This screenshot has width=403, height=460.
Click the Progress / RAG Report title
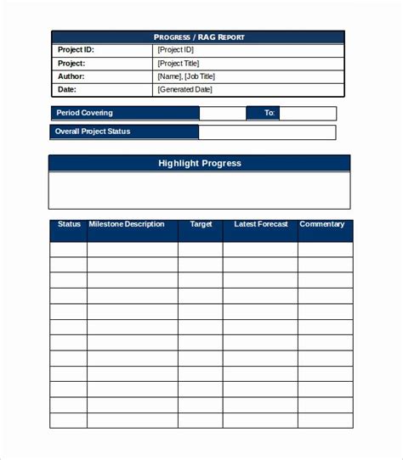point(198,37)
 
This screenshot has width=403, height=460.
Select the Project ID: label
point(76,50)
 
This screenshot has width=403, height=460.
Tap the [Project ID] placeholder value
point(179,50)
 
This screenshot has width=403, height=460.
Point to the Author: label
point(71,76)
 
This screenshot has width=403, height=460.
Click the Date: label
point(67,89)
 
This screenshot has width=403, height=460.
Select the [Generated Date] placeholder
point(185,89)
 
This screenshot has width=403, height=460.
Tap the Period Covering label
point(84,113)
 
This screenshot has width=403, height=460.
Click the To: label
point(270,113)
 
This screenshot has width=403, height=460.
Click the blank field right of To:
point(307,113)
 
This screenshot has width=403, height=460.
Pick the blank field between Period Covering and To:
point(222,113)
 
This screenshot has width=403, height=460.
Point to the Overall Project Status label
point(93,132)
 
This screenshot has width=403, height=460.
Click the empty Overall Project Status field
point(267,132)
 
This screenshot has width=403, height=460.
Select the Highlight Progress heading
point(200,163)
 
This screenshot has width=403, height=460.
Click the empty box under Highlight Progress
point(200,190)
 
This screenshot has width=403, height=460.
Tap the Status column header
point(69,225)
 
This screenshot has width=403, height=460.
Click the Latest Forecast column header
point(261,225)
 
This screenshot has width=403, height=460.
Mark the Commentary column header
point(322,225)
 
